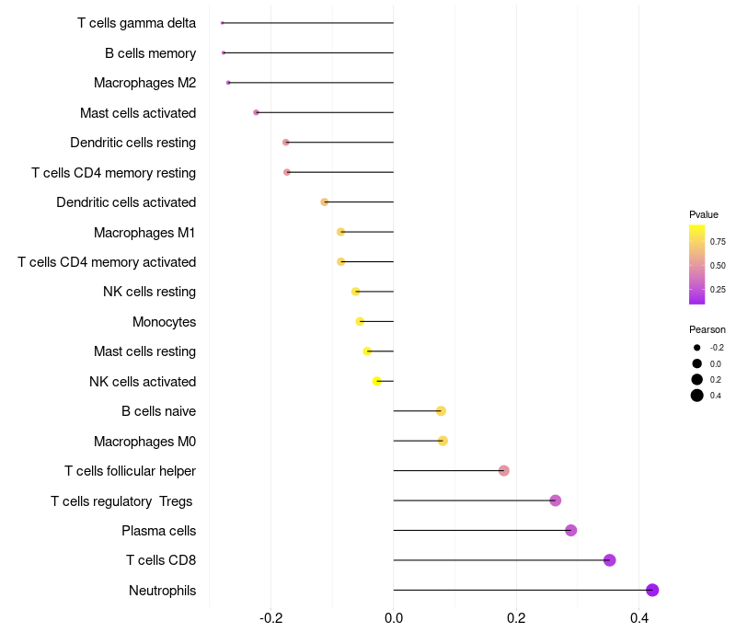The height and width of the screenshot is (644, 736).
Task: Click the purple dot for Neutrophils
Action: (x=652, y=590)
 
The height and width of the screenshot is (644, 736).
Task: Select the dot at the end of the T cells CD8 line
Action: (x=609, y=560)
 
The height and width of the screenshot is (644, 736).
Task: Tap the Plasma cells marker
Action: (x=570, y=530)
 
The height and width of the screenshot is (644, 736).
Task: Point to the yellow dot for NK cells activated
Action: (x=376, y=381)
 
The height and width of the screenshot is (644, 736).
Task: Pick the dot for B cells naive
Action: (x=441, y=411)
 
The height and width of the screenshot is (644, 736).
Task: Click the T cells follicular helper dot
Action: (x=503, y=471)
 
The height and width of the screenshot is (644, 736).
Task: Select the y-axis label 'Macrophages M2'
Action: (x=144, y=83)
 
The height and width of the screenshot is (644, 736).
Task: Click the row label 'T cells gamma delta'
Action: (x=136, y=23)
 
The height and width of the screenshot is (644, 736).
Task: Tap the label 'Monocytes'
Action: (x=164, y=322)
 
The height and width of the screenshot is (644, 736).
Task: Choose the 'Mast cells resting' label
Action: (x=144, y=351)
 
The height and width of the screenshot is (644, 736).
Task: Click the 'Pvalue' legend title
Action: (x=704, y=214)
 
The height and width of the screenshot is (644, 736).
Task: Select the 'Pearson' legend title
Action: (x=707, y=329)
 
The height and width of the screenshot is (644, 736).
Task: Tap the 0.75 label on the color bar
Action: (x=718, y=242)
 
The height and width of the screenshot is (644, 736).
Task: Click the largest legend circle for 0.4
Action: (x=697, y=396)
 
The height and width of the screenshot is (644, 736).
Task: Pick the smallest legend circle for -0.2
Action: (x=697, y=348)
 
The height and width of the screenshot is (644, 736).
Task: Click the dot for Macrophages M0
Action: (x=443, y=441)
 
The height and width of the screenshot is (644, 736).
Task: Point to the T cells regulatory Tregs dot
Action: (x=555, y=500)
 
